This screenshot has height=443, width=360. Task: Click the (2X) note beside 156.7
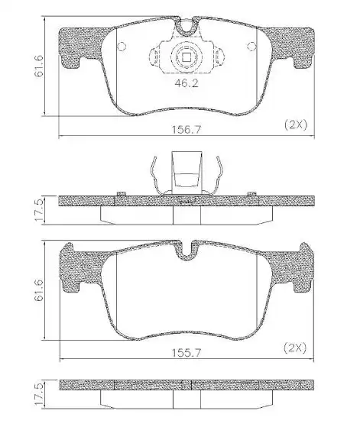(295, 124)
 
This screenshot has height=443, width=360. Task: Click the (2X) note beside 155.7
(295, 348)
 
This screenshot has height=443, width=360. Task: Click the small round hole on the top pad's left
(120, 45)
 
